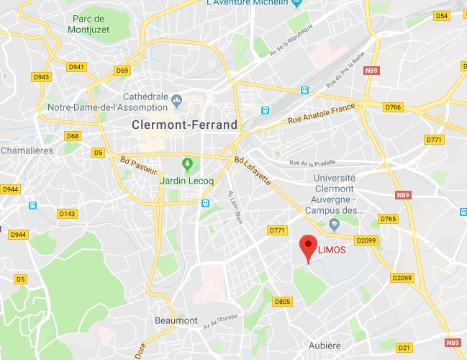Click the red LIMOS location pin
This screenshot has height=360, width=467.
click(x=308, y=247)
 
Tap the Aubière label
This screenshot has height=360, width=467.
click(x=325, y=346)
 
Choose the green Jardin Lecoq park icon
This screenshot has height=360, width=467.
click(x=187, y=163)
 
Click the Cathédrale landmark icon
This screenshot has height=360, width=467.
click(x=178, y=98)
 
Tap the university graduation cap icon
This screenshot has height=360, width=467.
click(x=334, y=225)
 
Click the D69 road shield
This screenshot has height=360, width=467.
click(x=122, y=71)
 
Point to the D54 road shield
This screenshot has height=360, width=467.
click(x=442, y=15)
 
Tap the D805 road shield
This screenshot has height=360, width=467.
click(x=283, y=302)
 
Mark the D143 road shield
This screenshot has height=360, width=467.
click(x=68, y=213)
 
